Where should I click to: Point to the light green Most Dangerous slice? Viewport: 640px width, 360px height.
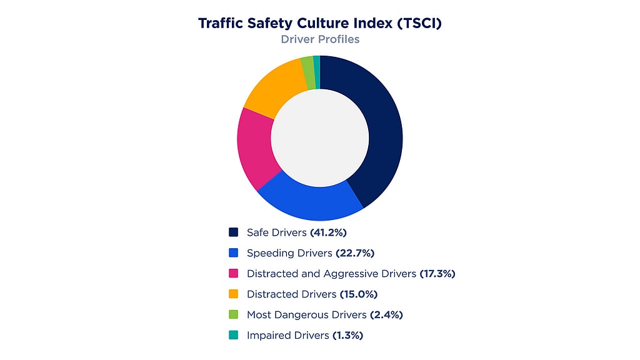click(x=307, y=64)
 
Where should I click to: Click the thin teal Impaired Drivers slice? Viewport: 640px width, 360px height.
click(x=317, y=63)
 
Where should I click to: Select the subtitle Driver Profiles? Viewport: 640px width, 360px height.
click(x=319, y=39)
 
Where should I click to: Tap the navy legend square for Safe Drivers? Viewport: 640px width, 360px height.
click(x=234, y=232)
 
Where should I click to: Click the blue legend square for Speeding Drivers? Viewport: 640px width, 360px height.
click(x=234, y=253)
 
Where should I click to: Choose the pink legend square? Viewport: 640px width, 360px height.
click(x=234, y=274)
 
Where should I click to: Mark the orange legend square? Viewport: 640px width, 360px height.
click(x=234, y=294)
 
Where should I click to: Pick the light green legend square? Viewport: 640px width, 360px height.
click(x=234, y=315)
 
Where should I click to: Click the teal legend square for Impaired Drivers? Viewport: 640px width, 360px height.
click(x=234, y=336)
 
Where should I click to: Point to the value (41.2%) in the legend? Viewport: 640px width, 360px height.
click(x=328, y=232)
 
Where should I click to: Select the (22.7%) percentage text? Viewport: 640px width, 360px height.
click(x=354, y=253)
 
